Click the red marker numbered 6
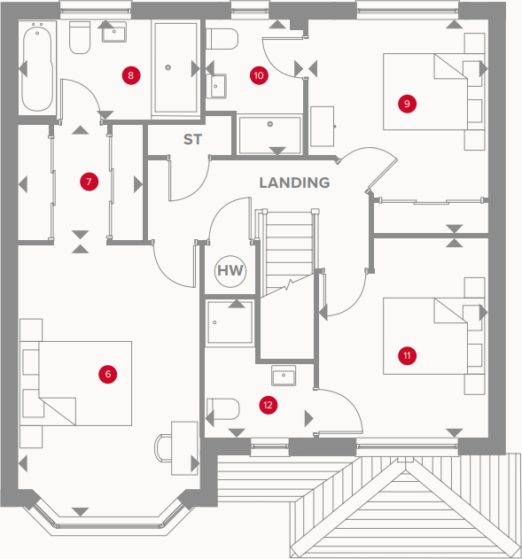coord(108,374)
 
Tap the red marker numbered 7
coord(89,182)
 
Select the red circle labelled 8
coord(131,75)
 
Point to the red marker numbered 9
coord(407,104)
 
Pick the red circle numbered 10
coord(259,75)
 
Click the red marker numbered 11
coord(407,355)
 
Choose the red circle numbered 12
coord(268,405)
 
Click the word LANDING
coord(294,182)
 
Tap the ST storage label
coord(192,139)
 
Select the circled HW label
coord(230,271)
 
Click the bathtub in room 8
coord(37,67)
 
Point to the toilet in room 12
coord(222,409)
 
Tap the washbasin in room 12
coord(284,376)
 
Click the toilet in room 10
coord(222,39)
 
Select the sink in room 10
coord(216,86)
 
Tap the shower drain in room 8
coord(168,67)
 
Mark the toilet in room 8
coord(80,38)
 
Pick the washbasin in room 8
coord(114,32)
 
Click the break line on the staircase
coord(288,285)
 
